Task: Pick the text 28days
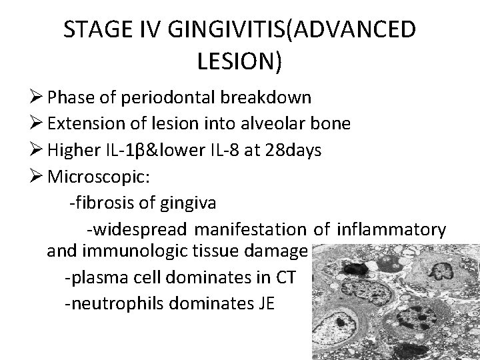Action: [x=293, y=150]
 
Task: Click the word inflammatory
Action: [x=392, y=230]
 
